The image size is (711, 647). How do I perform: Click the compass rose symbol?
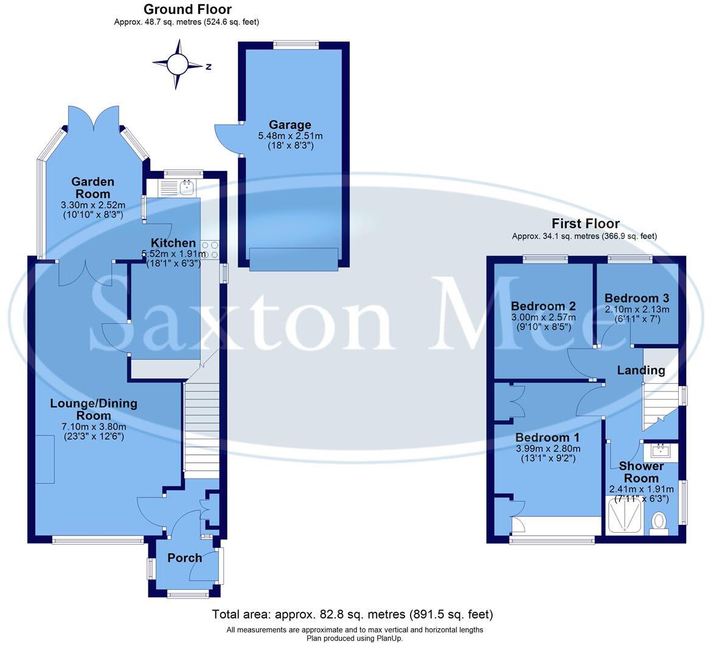(178, 63)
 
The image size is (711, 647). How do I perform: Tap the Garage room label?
(290, 125)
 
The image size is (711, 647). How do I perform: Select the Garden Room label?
(92, 187)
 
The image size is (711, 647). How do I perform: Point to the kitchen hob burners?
(210, 249)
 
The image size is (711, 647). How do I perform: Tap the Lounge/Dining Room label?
(94, 409)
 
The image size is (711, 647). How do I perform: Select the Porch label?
(184, 558)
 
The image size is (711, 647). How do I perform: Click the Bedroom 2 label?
(543, 306)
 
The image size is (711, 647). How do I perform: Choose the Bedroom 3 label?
(637, 298)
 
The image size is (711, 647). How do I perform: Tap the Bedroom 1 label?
(547, 438)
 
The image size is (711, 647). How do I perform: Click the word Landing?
(641, 370)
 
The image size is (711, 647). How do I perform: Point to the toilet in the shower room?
(659, 523)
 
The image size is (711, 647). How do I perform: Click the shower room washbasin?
(660, 451)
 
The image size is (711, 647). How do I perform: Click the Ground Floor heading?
(187, 9)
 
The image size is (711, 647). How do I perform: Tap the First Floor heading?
(585, 223)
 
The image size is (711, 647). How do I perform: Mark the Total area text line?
(352, 614)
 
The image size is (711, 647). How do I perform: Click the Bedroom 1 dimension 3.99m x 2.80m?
(547, 449)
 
